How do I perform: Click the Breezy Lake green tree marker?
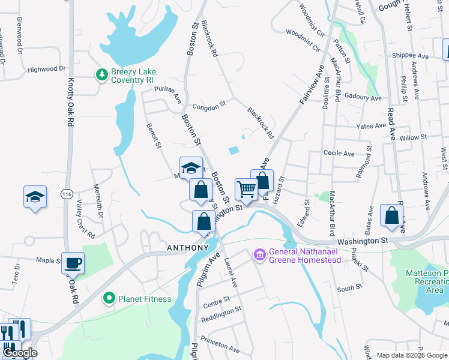(x=102, y=74)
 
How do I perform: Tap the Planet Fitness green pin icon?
(x=109, y=298)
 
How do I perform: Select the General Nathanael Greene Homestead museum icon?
(x=259, y=256)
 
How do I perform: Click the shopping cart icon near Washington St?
(x=246, y=190)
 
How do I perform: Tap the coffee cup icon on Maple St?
(x=73, y=263)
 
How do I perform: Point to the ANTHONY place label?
(x=187, y=247)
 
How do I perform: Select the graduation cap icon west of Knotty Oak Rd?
(x=35, y=197)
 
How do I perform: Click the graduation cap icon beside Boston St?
(x=191, y=167)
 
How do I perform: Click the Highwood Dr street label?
(x=46, y=69)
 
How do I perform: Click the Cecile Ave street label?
(x=339, y=154)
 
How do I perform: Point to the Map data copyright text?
(x=411, y=355)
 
